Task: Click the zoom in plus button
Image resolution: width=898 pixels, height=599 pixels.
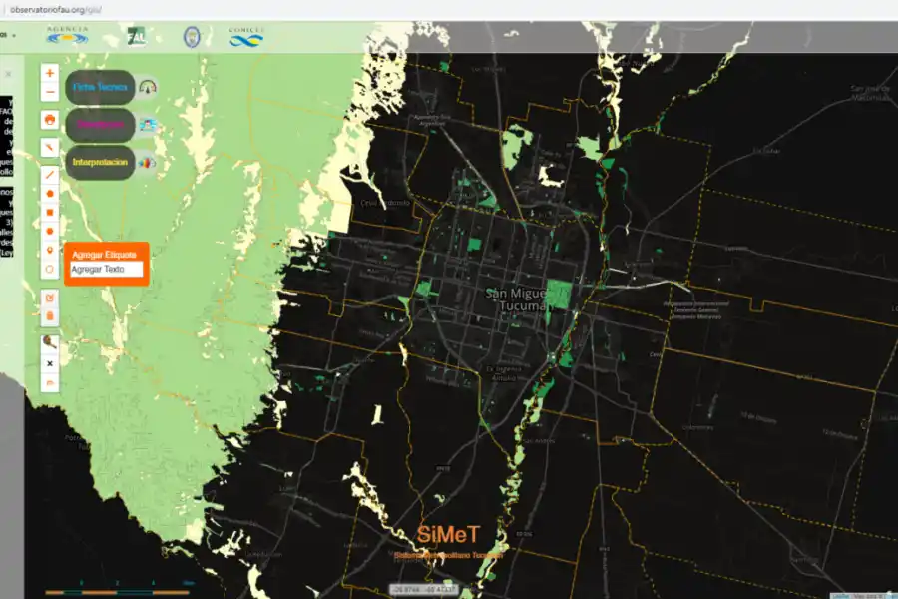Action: (x=50, y=73)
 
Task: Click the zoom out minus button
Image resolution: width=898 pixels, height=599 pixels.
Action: (x=50, y=92)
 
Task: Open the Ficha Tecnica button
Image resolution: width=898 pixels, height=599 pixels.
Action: (x=100, y=88)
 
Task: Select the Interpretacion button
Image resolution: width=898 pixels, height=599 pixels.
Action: (x=100, y=162)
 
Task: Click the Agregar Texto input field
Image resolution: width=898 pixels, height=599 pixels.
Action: (x=106, y=270)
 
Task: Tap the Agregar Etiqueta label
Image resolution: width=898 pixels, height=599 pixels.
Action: (x=104, y=255)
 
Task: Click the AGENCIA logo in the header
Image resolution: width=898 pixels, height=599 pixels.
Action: (x=67, y=37)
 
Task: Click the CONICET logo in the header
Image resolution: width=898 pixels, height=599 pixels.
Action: (x=246, y=37)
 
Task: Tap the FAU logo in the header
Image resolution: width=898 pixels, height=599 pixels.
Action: (x=136, y=37)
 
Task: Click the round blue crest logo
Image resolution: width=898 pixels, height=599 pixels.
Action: (x=191, y=37)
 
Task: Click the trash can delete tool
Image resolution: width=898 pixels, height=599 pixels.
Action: (x=50, y=316)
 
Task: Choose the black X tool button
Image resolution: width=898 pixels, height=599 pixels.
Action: (x=50, y=364)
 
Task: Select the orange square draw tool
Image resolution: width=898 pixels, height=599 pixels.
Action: (x=50, y=212)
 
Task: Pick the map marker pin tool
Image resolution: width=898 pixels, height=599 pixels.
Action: (x=50, y=250)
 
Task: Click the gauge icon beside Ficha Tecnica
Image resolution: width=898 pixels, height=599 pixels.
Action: (x=149, y=88)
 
